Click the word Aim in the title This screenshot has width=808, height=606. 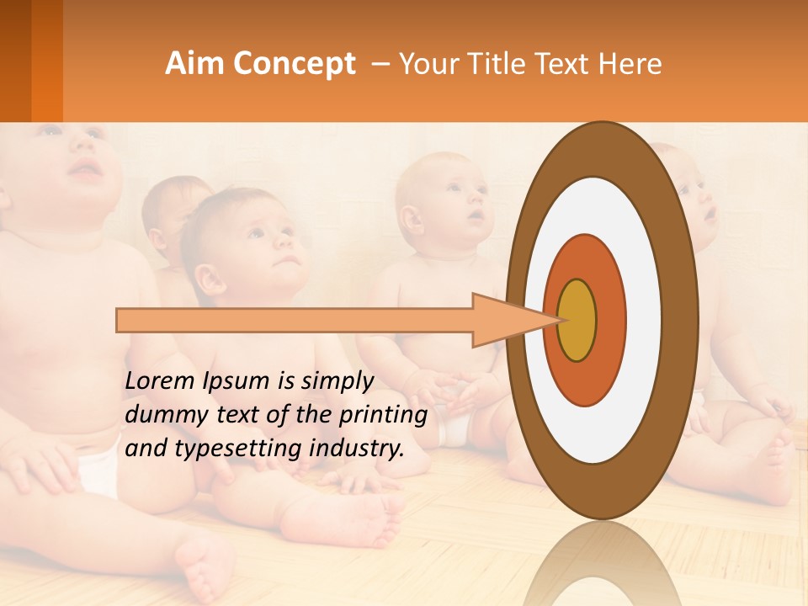tap(195, 64)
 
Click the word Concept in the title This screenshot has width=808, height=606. tap(295, 64)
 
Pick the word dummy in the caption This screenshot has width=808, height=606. tap(161, 415)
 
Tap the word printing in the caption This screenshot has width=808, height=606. tap(383, 415)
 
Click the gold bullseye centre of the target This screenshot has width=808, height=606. tap(577, 321)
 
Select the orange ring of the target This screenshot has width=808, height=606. tap(611, 320)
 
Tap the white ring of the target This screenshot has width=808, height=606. tap(644, 320)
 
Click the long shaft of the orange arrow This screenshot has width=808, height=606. tap(295, 321)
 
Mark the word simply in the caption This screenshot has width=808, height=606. tap(337, 381)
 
